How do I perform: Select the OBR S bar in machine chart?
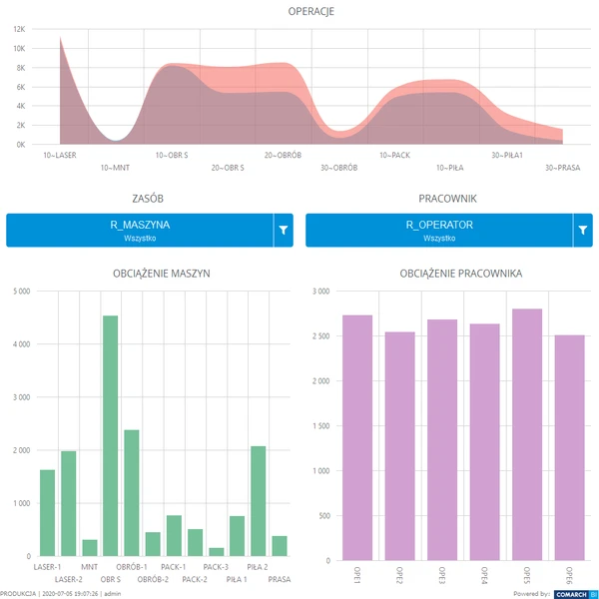[x=110, y=435]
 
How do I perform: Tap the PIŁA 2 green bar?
[x=259, y=500]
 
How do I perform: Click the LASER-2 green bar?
[x=68, y=503]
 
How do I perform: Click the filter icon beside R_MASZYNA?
[x=284, y=231]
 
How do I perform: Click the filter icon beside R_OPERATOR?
[x=583, y=231]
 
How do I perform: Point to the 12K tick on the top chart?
[x=20, y=30]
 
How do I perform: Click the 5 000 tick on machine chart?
[x=21, y=292]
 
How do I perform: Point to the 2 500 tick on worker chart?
[x=320, y=336]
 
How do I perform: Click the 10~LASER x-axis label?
[x=60, y=155]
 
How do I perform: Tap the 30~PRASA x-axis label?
[x=562, y=168]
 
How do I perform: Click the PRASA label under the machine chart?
[x=280, y=579]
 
